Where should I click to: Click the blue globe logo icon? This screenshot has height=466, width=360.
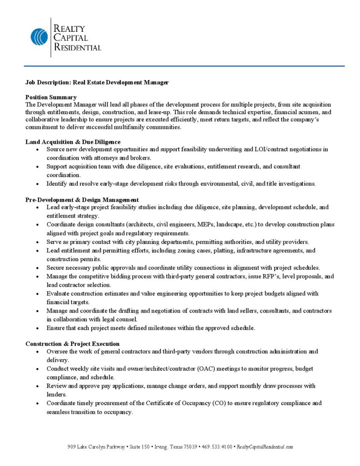tap(39, 37)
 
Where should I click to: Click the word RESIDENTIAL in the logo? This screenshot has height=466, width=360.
tap(77, 47)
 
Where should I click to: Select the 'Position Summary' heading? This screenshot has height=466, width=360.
tap(51, 97)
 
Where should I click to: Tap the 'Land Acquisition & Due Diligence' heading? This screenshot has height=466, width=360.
tap(73, 142)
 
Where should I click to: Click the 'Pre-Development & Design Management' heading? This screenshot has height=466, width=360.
tap(82, 200)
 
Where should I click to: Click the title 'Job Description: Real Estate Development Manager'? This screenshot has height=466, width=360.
tap(97, 82)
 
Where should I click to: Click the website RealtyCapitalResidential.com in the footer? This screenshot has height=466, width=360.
tap(265, 447)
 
